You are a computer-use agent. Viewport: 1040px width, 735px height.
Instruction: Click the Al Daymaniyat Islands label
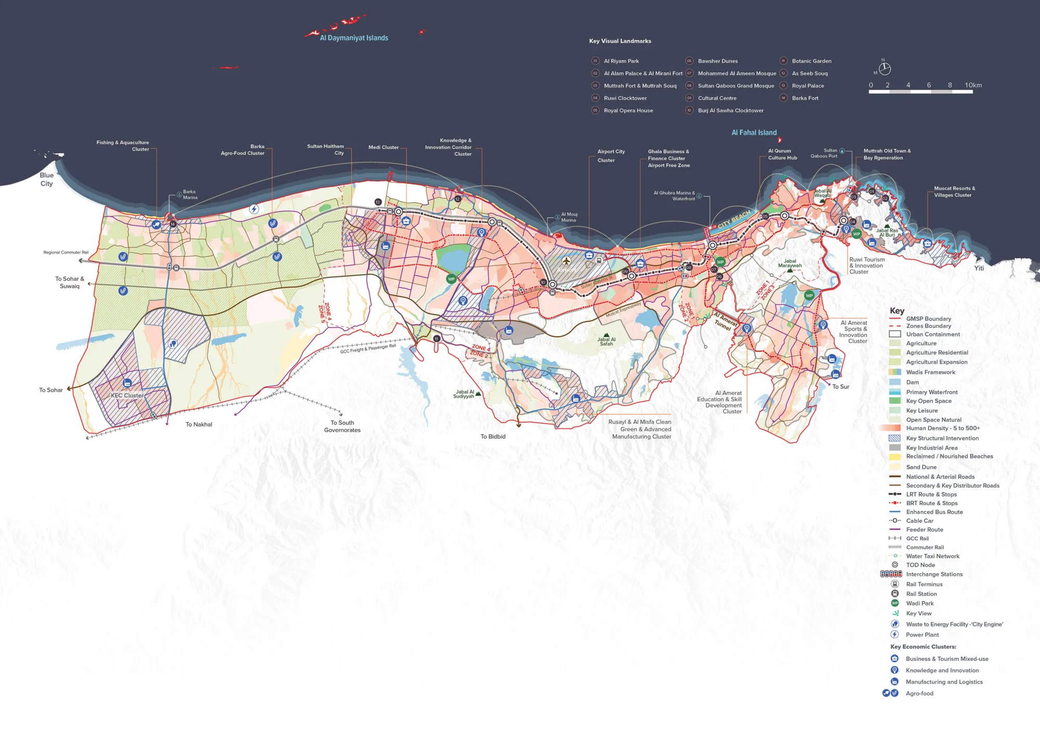354,38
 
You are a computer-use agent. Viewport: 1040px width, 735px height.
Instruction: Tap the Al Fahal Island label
754,133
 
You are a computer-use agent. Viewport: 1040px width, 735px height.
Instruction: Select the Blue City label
46,179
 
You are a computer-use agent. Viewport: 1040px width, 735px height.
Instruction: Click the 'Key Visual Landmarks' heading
620,41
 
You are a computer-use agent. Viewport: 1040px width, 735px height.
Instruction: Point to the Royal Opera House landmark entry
628,111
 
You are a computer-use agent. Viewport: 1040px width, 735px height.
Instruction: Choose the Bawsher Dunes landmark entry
718,61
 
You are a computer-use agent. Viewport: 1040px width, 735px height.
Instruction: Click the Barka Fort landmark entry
805,98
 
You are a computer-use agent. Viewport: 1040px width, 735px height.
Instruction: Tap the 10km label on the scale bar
973,85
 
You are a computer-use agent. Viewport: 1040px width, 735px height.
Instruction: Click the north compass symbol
885,69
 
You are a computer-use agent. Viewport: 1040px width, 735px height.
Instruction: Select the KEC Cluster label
127,396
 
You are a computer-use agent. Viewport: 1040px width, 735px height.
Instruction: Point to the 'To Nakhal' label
199,425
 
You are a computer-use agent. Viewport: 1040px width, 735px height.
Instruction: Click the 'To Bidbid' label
492,437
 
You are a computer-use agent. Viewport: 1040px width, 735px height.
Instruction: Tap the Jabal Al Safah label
606,342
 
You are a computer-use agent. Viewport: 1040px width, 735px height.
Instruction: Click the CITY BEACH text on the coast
734,219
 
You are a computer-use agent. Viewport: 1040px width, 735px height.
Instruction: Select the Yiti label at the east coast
979,268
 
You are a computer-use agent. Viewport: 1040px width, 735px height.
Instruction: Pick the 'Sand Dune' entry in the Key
921,467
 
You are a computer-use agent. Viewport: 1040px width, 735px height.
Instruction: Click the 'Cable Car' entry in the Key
919,521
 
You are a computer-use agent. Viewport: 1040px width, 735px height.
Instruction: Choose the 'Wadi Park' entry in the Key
919,603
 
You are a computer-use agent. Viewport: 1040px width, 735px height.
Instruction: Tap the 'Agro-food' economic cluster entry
919,693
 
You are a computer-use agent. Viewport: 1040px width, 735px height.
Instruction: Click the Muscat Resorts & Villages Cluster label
954,192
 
